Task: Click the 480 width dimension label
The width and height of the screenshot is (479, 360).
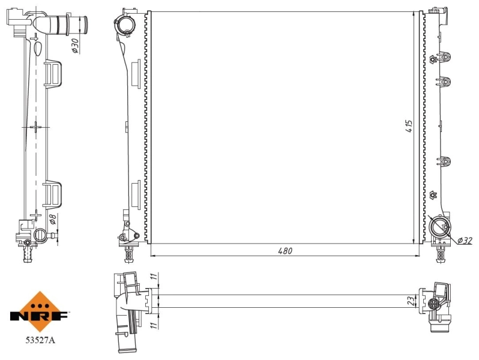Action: pos(285,251)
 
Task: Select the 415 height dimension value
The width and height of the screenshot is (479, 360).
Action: pos(409,125)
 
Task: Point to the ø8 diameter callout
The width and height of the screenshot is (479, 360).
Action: pos(53,221)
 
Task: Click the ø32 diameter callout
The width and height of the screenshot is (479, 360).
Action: pos(465,241)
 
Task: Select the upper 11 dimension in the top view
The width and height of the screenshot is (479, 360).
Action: pos(153,279)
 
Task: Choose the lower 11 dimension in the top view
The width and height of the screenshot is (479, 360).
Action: pos(153,325)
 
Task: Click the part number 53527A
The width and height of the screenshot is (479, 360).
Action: pos(39,341)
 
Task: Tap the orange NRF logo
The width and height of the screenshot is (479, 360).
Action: pos(39,312)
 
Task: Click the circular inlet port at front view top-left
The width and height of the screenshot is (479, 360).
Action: pos(125,26)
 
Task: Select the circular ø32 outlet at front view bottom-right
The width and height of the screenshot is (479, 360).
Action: pos(440,226)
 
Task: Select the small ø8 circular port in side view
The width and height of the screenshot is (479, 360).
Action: pos(40,235)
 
